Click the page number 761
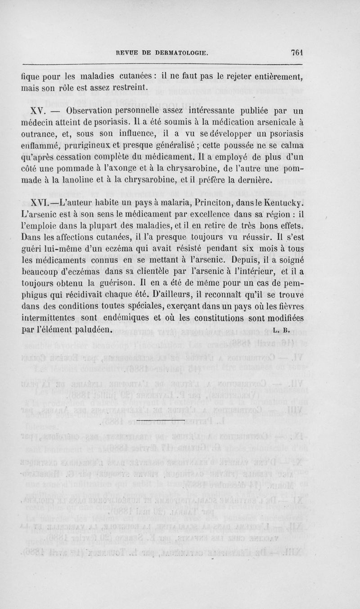(x=298, y=52)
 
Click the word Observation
(x=93, y=111)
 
